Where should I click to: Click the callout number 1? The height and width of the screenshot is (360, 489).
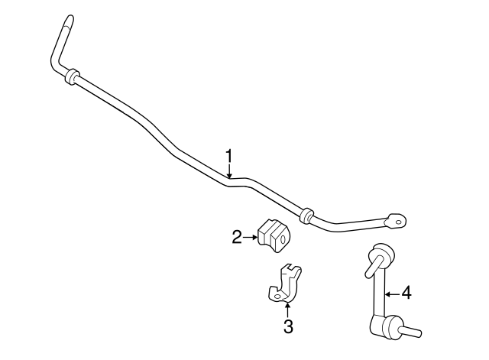coord(229,156)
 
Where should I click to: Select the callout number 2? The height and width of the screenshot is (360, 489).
coord(237,238)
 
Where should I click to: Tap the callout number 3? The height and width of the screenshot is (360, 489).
coord(289,326)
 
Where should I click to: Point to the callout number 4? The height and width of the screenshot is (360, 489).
coord(406,294)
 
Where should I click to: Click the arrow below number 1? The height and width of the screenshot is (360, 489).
coord(229,171)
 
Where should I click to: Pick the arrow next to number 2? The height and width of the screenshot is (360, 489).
coord(251,238)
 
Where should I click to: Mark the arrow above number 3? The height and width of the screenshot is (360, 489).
coord(287,309)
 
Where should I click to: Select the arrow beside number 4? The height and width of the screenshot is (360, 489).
coord(392,294)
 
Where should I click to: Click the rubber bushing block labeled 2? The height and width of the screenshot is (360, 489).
coord(274,235)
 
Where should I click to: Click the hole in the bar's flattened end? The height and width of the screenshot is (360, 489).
coord(399,222)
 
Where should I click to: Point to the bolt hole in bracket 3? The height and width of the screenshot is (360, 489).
coord(277,296)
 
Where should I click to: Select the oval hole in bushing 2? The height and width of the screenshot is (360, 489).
coord(283,239)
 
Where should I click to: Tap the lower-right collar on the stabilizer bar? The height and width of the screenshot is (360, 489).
coord(306,215)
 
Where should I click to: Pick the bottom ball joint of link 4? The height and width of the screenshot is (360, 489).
coord(387,326)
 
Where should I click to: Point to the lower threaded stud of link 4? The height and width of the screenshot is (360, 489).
coord(411,331)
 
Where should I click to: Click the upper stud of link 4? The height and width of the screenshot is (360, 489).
coord(373,266)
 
